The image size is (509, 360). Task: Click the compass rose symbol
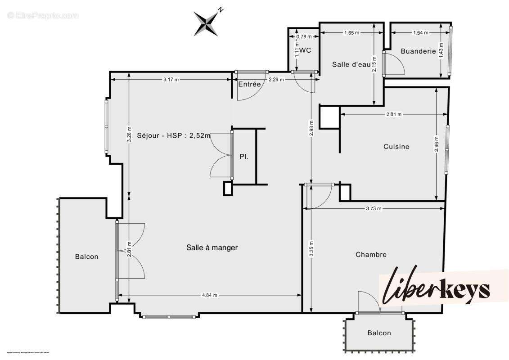click(x=207, y=22)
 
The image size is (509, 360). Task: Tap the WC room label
click(x=305, y=50)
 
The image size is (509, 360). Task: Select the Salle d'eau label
click(x=351, y=64)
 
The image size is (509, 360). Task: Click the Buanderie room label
click(x=418, y=51)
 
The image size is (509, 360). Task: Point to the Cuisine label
click(x=396, y=146)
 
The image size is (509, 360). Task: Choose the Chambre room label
click(x=371, y=255)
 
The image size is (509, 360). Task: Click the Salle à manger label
click(x=212, y=247)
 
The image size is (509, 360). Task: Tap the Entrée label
click(x=249, y=84)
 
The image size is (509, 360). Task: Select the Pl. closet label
click(x=243, y=157)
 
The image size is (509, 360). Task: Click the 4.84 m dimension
click(x=209, y=295)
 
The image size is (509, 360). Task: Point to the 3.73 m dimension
click(x=373, y=208)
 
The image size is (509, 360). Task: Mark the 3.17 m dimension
click(x=171, y=80)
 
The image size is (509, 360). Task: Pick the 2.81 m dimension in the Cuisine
click(x=394, y=114)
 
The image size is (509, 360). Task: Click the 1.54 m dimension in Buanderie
click(x=420, y=32)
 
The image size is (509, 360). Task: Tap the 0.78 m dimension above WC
click(x=304, y=36)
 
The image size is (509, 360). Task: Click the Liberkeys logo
click(x=437, y=288)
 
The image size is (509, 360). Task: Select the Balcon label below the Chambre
click(x=379, y=333)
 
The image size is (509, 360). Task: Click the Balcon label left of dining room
click(x=86, y=256)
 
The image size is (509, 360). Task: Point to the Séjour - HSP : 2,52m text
click(x=174, y=137)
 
